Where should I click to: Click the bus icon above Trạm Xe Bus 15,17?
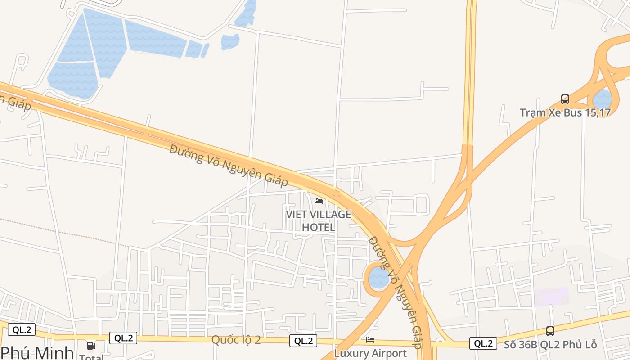click(x=565, y=99)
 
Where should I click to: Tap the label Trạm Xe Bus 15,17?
click(x=565, y=112)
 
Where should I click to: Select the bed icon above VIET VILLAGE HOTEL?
click(x=319, y=201)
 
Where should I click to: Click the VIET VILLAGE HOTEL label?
click(x=318, y=221)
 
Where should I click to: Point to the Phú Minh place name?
click(x=37, y=352)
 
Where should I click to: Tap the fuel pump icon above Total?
click(x=91, y=346)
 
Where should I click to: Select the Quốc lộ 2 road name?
click(x=236, y=340)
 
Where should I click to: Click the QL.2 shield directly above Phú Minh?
click(x=21, y=329)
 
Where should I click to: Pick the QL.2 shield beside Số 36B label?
click(x=483, y=343)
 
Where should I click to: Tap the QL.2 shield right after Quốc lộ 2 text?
click(x=303, y=341)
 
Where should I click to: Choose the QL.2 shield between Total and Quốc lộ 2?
click(x=123, y=338)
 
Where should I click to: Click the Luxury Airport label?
click(x=370, y=353)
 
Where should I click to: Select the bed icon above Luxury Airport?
click(x=370, y=340)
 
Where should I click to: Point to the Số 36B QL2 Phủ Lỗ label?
click(x=550, y=345)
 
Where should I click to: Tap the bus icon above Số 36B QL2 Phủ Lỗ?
click(x=550, y=331)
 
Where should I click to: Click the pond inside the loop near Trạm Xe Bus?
click(x=602, y=99)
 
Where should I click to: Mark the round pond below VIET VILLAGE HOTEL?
click(x=378, y=278)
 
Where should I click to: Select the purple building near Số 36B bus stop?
click(x=552, y=297)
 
